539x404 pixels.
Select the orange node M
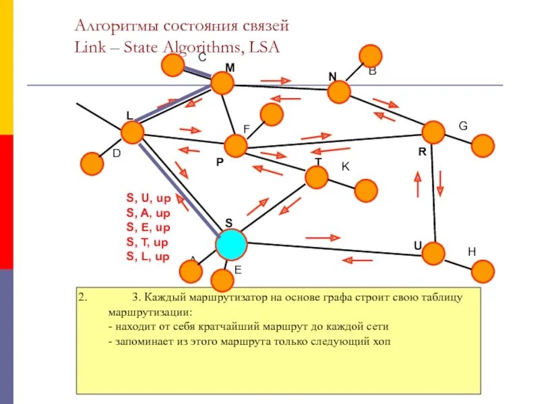pos(222,83)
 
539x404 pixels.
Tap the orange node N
pos(340,92)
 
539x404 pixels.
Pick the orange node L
pos(133,132)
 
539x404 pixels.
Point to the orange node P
pos(236,145)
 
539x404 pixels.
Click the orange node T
pos(316,177)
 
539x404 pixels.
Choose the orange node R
pos(433,133)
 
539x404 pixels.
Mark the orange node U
pos(434,253)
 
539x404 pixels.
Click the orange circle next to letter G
pos(482,145)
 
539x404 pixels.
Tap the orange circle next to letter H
pos(482,271)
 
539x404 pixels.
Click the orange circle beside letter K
pos(366,191)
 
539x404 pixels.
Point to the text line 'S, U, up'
pos(148,198)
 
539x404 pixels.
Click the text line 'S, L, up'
pos(148,257)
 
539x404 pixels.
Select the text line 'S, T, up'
pos(148,242)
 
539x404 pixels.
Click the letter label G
pos(463,126)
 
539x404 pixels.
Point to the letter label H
pos(472,251)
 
